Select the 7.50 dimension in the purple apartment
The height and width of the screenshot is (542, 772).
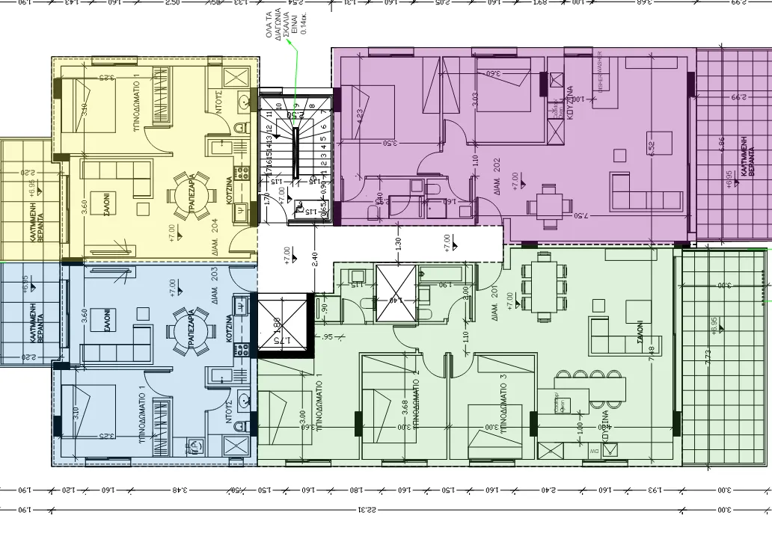tap(579, 217)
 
